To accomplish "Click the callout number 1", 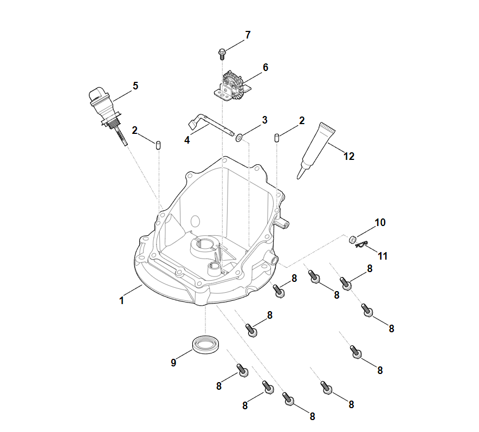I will (x=122, y=300).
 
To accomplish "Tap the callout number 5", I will (x=135, y=86).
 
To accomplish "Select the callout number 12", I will (x=349, y=156).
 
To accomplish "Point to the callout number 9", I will (x=173, y=363).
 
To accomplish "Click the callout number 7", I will (x=248, y=35).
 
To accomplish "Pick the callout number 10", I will (x=380, y=222).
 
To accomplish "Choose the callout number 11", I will (x=383, y=256).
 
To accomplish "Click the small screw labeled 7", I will (x=222, y=53).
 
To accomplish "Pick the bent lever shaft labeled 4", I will (x=209, y=122).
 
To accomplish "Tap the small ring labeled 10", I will (x=352, y=239).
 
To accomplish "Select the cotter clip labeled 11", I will (x=361, y=246).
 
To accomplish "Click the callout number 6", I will (x=265, y=68).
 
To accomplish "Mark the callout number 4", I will (x=187, y=140).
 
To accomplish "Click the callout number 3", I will (x=264, y=120).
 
